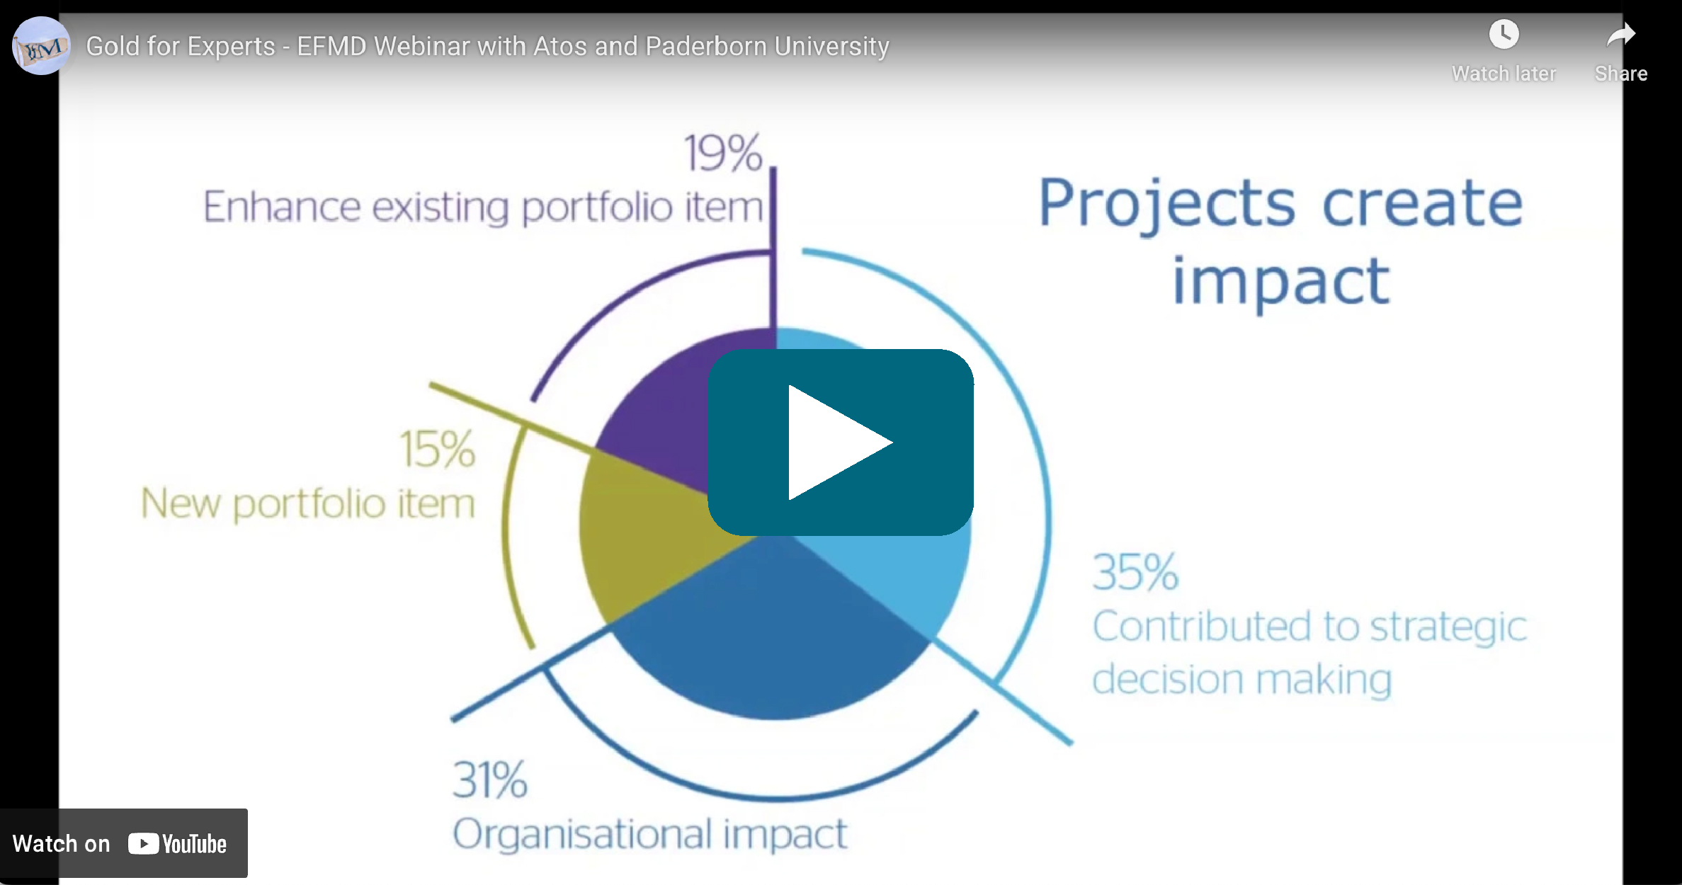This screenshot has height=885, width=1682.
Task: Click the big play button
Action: pos(841,442)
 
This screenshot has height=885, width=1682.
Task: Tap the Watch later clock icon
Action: pos(1504,34)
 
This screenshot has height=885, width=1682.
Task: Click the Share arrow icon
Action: pos(1620,34)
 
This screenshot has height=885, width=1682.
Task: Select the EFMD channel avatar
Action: pos(41,46)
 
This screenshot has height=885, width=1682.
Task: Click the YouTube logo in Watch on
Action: pos(177,844)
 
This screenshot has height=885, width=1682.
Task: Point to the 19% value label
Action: pos(723,153)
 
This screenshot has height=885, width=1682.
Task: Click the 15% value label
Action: pos(437,449)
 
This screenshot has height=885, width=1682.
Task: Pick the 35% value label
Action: pos(1135,572)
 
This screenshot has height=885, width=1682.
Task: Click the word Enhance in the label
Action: pos(281,207)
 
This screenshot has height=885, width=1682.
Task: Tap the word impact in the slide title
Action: pos(1281,282)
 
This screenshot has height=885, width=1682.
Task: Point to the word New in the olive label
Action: pos(181,503)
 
